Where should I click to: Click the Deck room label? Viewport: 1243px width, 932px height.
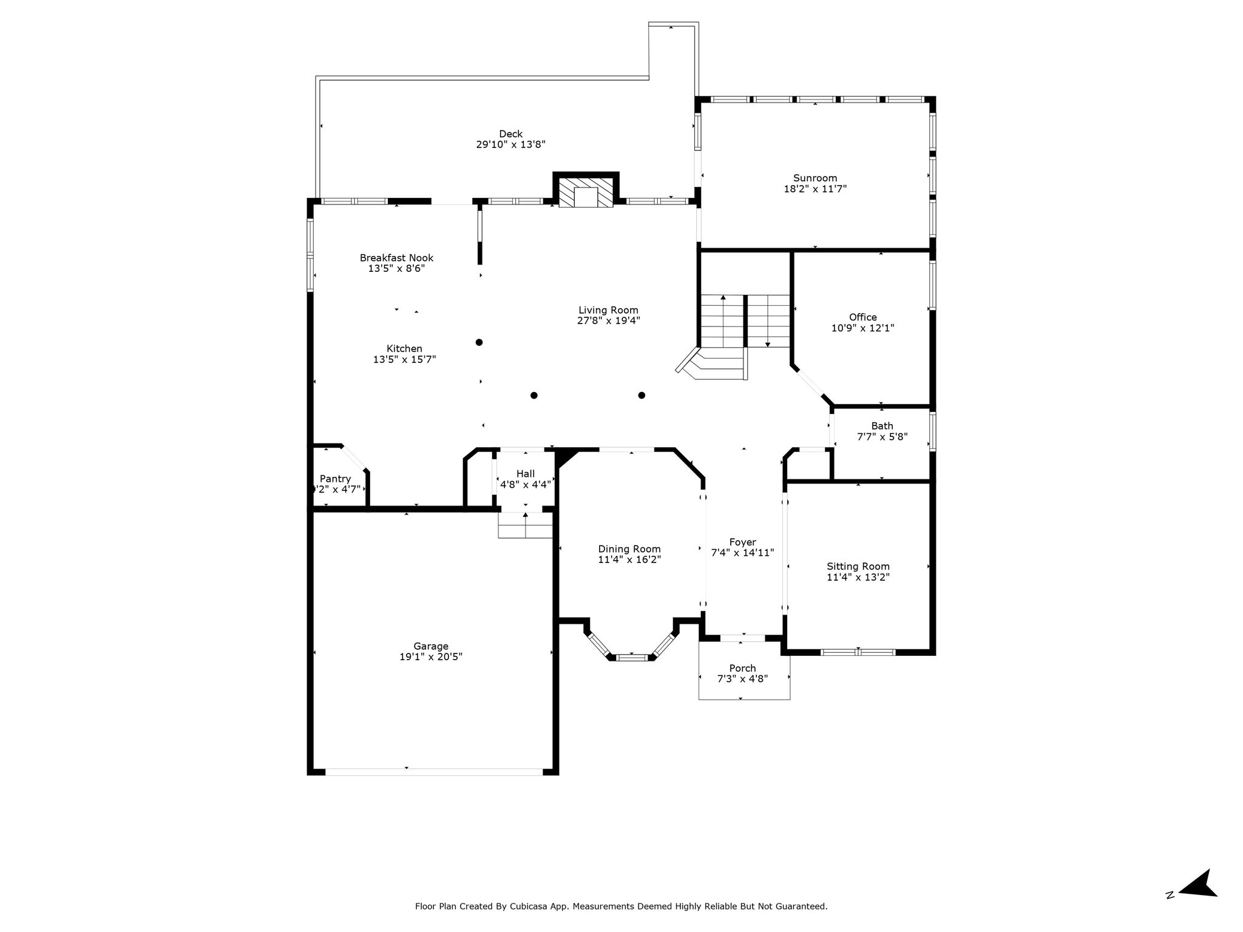510,134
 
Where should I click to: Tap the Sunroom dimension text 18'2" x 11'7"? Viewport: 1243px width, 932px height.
815,189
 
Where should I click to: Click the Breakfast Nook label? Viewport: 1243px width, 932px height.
396,258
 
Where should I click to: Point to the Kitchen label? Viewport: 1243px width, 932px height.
404,348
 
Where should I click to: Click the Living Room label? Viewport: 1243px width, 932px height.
608,310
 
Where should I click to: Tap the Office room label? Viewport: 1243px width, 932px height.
862,317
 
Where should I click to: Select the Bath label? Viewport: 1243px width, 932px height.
882,426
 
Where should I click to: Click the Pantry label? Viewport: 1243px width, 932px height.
335,479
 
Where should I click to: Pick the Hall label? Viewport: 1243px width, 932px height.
526,473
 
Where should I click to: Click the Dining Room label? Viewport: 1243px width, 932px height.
629,549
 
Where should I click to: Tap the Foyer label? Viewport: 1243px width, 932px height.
742,542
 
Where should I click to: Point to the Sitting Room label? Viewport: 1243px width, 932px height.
858,566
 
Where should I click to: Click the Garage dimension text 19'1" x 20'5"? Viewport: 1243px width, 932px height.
431,657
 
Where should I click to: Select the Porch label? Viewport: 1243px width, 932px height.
742,668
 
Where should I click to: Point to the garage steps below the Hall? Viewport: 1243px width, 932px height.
525,525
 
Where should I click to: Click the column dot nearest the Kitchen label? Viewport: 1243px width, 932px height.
479,342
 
